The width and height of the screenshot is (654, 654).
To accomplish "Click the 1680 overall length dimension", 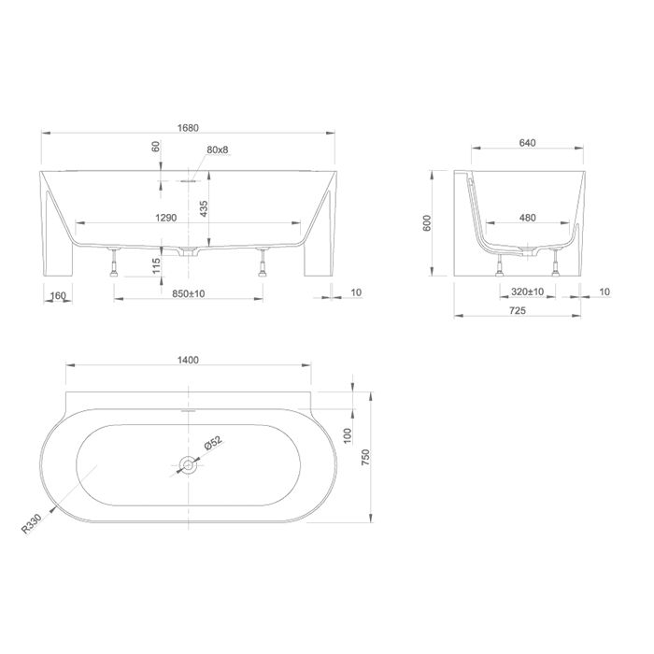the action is click(x=188, y=128).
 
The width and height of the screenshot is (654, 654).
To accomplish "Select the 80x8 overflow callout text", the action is click(x=218, y=149).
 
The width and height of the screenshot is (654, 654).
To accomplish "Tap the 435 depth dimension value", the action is click(x=204, y=208).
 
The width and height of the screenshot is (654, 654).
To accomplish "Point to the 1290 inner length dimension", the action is click(x=166, y=218).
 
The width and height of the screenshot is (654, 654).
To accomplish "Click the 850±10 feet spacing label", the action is click(x=189, y=293).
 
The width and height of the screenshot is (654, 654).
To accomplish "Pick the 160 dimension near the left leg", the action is click(x=58, y=296).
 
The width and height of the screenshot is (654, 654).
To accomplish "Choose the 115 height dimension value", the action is click(x=156, y=266).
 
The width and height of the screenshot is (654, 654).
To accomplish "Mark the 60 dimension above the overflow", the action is click(x=156, y=147).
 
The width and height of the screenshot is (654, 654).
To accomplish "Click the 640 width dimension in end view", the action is click(x=527, y=143).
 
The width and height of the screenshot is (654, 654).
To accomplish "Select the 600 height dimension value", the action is click(x=427, y=223).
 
